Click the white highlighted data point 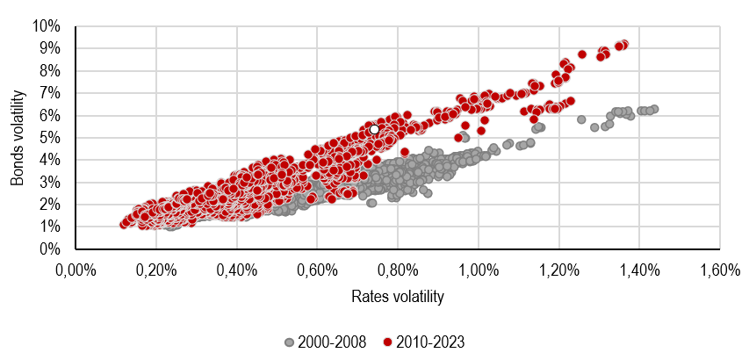(374, 129)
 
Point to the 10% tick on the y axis (49, 25)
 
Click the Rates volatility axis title (397, 296)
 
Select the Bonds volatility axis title (17, 137)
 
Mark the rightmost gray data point (654, 109)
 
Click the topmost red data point (623, 44)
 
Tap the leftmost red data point (124, 224)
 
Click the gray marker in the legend (290, 342)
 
